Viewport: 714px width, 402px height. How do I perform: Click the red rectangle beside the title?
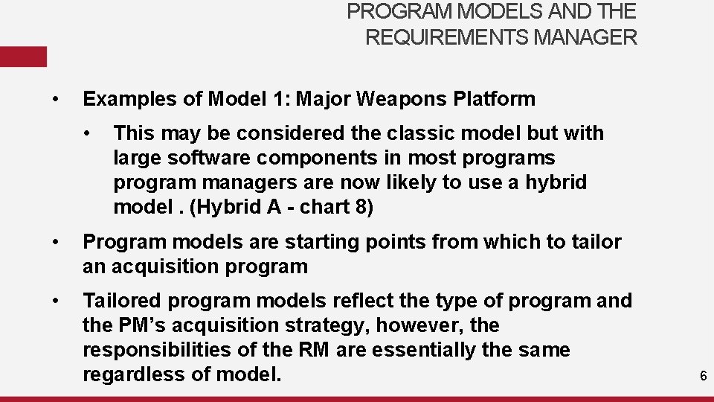pos(23,57)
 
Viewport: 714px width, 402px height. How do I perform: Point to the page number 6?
pos(703,377)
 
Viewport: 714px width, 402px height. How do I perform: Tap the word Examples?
pos(123,99)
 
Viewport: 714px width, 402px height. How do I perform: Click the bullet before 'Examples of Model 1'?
pos(55,99)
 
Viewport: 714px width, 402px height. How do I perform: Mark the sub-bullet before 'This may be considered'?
pos(88,133)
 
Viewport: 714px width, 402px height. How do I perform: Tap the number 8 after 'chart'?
pos(364,207)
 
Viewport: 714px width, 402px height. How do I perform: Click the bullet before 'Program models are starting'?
pos(55,242)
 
